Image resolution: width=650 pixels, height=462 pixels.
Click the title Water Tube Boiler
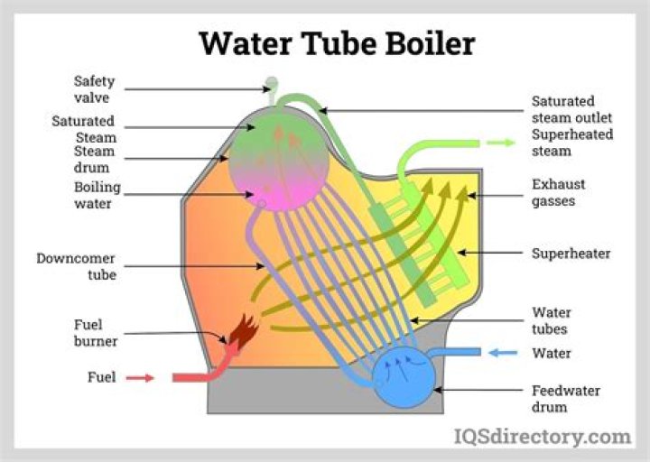pos(336,42)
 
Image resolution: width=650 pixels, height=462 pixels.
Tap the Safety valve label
pos(94,88)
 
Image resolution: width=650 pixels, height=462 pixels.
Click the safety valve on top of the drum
pos(270,86)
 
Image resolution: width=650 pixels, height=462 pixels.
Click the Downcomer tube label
pos(76,265)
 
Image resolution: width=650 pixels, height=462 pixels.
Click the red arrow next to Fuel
pos(140,377)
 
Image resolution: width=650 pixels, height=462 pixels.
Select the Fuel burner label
pos(88,333)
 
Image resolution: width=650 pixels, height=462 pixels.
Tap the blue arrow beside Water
pos(503,353)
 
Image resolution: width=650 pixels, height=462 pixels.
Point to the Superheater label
pos(571,254)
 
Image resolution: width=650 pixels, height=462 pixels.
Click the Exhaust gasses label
pos(558,191)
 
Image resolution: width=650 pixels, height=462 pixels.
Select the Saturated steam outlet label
pos(571,109)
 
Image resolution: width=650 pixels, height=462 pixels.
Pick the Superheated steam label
pos(571,143)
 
